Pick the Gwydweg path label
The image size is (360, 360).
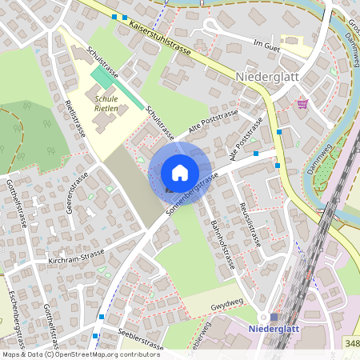(226, 306)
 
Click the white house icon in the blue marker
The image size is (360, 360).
(180, 173)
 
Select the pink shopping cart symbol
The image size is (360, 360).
(302, 103)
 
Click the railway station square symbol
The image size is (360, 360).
(274, 318)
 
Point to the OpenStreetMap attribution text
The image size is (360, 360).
(70, 354)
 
